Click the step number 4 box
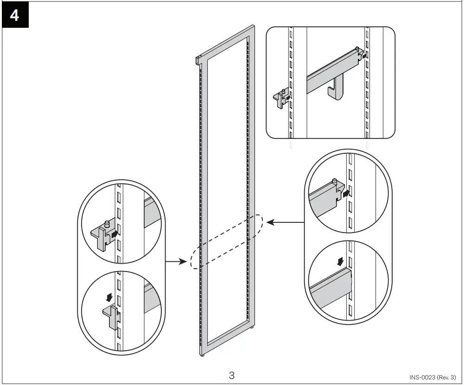15,15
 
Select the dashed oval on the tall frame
227,241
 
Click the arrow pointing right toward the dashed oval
176,262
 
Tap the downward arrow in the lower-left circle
109,296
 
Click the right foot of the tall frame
253,328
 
